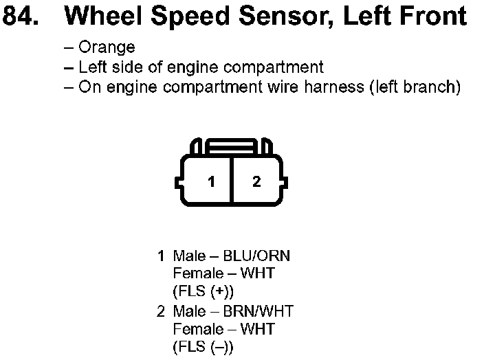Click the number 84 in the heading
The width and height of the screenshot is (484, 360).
(x=21, y=16)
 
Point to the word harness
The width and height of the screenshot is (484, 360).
(x=334, y=87)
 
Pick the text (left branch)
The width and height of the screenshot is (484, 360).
(x=415, y=87)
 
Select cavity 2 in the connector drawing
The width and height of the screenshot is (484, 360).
(x=256, y=181)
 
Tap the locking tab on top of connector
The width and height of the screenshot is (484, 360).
(x=231, y=146)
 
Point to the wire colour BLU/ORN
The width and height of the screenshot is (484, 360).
(x=256, y=256)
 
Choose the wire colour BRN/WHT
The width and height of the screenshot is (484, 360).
(x=258, y=311)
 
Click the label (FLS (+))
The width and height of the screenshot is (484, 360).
(x=203, y=291)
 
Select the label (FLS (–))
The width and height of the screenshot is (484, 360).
(x=203, y=347)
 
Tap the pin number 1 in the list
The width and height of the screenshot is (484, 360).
(x=161, y=256)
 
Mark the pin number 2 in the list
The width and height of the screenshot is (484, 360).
(x=161, y=311)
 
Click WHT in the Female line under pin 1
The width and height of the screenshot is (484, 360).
(x=257, y=273)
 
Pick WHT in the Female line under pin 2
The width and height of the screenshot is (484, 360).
(x=257, y=329)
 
